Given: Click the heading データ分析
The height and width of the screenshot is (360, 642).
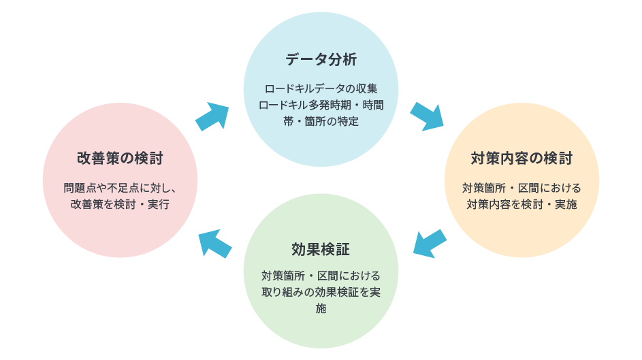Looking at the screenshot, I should [321, 60].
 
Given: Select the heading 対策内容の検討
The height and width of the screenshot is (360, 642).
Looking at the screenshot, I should [521, 159].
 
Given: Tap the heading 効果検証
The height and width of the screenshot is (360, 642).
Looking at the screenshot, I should [321, 249].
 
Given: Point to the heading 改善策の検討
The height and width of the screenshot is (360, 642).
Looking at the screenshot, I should [120, 159].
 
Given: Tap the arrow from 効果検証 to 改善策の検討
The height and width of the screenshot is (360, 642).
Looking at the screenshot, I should [214, 242].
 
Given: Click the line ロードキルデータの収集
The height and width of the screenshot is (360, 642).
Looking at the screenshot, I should [321, 89].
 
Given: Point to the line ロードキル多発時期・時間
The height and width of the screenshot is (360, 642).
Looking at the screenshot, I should [321, 105].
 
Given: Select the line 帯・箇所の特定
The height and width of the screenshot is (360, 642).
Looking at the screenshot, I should [321, 122].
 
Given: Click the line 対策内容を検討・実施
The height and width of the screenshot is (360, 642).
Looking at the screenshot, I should [521, 204].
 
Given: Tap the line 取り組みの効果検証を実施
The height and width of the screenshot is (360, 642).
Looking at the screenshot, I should [321, 293].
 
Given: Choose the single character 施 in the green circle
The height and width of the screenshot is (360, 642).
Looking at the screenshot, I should [321, 309].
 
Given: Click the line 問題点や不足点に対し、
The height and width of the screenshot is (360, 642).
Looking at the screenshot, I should [120, 188].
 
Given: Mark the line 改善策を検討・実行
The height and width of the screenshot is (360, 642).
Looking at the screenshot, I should [120, 204].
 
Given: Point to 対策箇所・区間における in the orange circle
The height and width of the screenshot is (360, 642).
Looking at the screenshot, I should [521, 188].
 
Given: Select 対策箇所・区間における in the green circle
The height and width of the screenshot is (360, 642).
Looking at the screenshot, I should [321, 276].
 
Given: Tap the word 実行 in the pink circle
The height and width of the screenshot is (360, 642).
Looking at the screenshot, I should [158, 204].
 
